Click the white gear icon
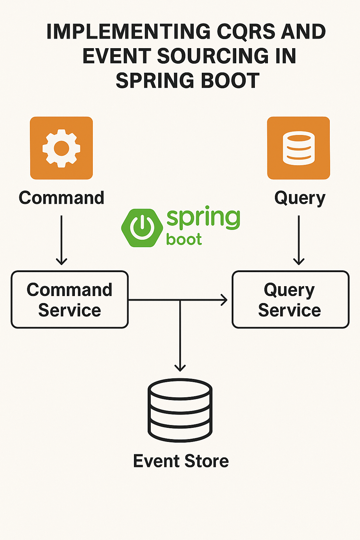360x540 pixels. point(62,148)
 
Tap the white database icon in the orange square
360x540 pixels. point(298,148)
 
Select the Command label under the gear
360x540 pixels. point(62,198)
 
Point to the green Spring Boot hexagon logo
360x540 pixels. point(142,228)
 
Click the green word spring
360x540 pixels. point(203,218)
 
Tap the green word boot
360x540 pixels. point(184,240)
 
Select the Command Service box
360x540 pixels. point(70,300)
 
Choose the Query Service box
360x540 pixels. point(290,300)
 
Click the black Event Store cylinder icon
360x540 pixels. point(180,410)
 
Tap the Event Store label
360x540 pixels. point(181,461)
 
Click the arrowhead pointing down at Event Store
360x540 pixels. point(180,367)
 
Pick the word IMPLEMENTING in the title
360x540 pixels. point(128,32)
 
